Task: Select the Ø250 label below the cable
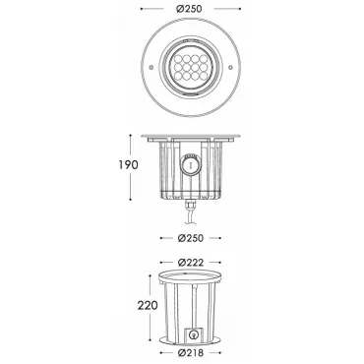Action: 191,238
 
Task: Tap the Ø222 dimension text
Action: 191,263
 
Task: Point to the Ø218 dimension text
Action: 191,353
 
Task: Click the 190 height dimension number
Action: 128,164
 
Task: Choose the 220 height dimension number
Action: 148,306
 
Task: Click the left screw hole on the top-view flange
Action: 152,67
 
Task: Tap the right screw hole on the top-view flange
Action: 230,67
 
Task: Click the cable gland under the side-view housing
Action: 191,207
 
